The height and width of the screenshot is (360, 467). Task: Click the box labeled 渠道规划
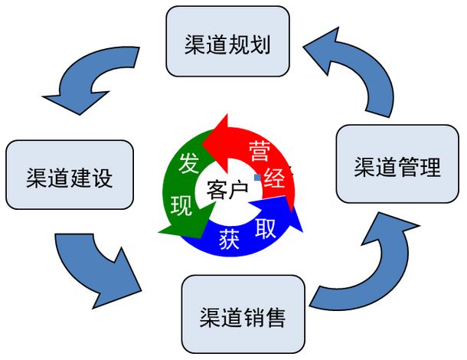click(x=228, y=41)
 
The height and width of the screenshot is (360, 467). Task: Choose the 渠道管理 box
click(x=397, y=167)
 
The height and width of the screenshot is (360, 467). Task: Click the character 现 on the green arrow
click(x=181, y=206)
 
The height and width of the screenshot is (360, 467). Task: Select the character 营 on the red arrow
click(x=260, y=149)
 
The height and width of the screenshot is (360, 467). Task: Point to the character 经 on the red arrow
click(x=273, y=180)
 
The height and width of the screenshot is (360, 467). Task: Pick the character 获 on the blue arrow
click(x=229, y=239)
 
